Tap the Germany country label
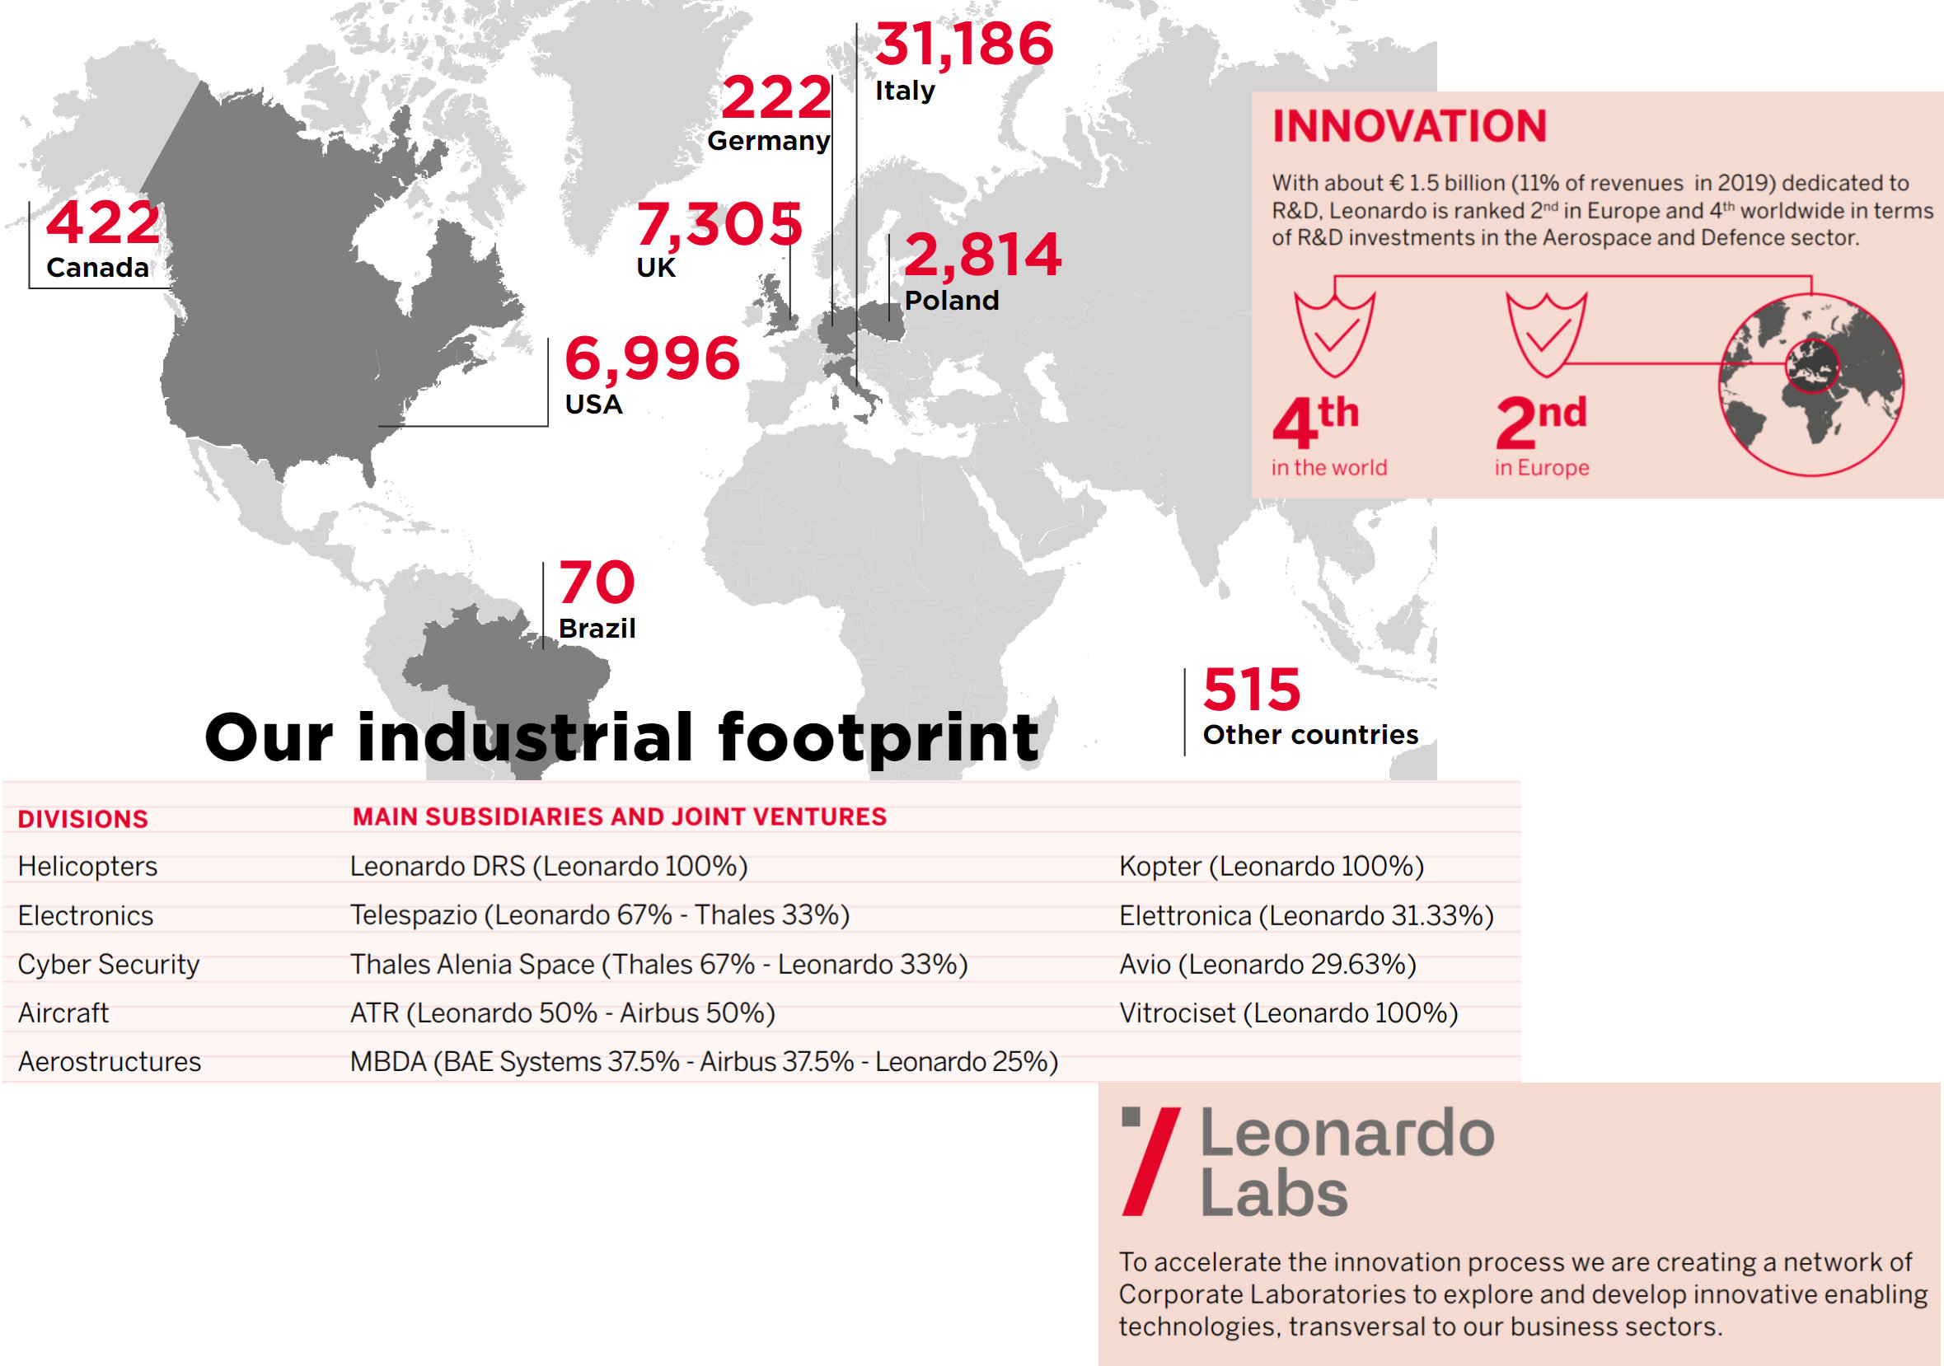[x=768, y=141]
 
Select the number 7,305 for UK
[x=719, y=224]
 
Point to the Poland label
[x=951, y=301]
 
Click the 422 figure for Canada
[x=102, y=222]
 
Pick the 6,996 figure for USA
[x=652, y=358]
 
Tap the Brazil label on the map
[x=597, y=629]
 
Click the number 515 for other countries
[x=1252, y=690]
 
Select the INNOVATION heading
[x=1409, y=126]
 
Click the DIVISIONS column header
[x=83, y=819]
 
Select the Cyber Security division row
[x=109, y=965]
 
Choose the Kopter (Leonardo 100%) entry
[x=1271, y=867]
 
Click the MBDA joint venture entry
[x=704, y=1062]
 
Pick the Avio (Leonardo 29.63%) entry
[x=1267, y=965]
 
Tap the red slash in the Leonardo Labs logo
[x=1150, y=1161]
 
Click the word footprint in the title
[x=878, y=738]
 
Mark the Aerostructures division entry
[x=110, y=1062]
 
